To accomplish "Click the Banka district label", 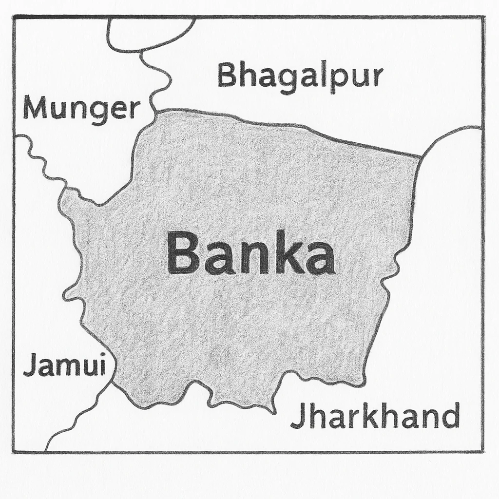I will point(250,253).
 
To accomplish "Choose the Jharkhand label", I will point(375,417).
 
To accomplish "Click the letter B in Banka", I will point(182,253).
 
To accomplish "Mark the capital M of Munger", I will point(34,108).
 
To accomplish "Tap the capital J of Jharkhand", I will point(298,417).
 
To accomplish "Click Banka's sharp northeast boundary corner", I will point(420,157).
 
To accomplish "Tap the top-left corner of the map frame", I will point(14,17).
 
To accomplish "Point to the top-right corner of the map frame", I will point(483,17).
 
